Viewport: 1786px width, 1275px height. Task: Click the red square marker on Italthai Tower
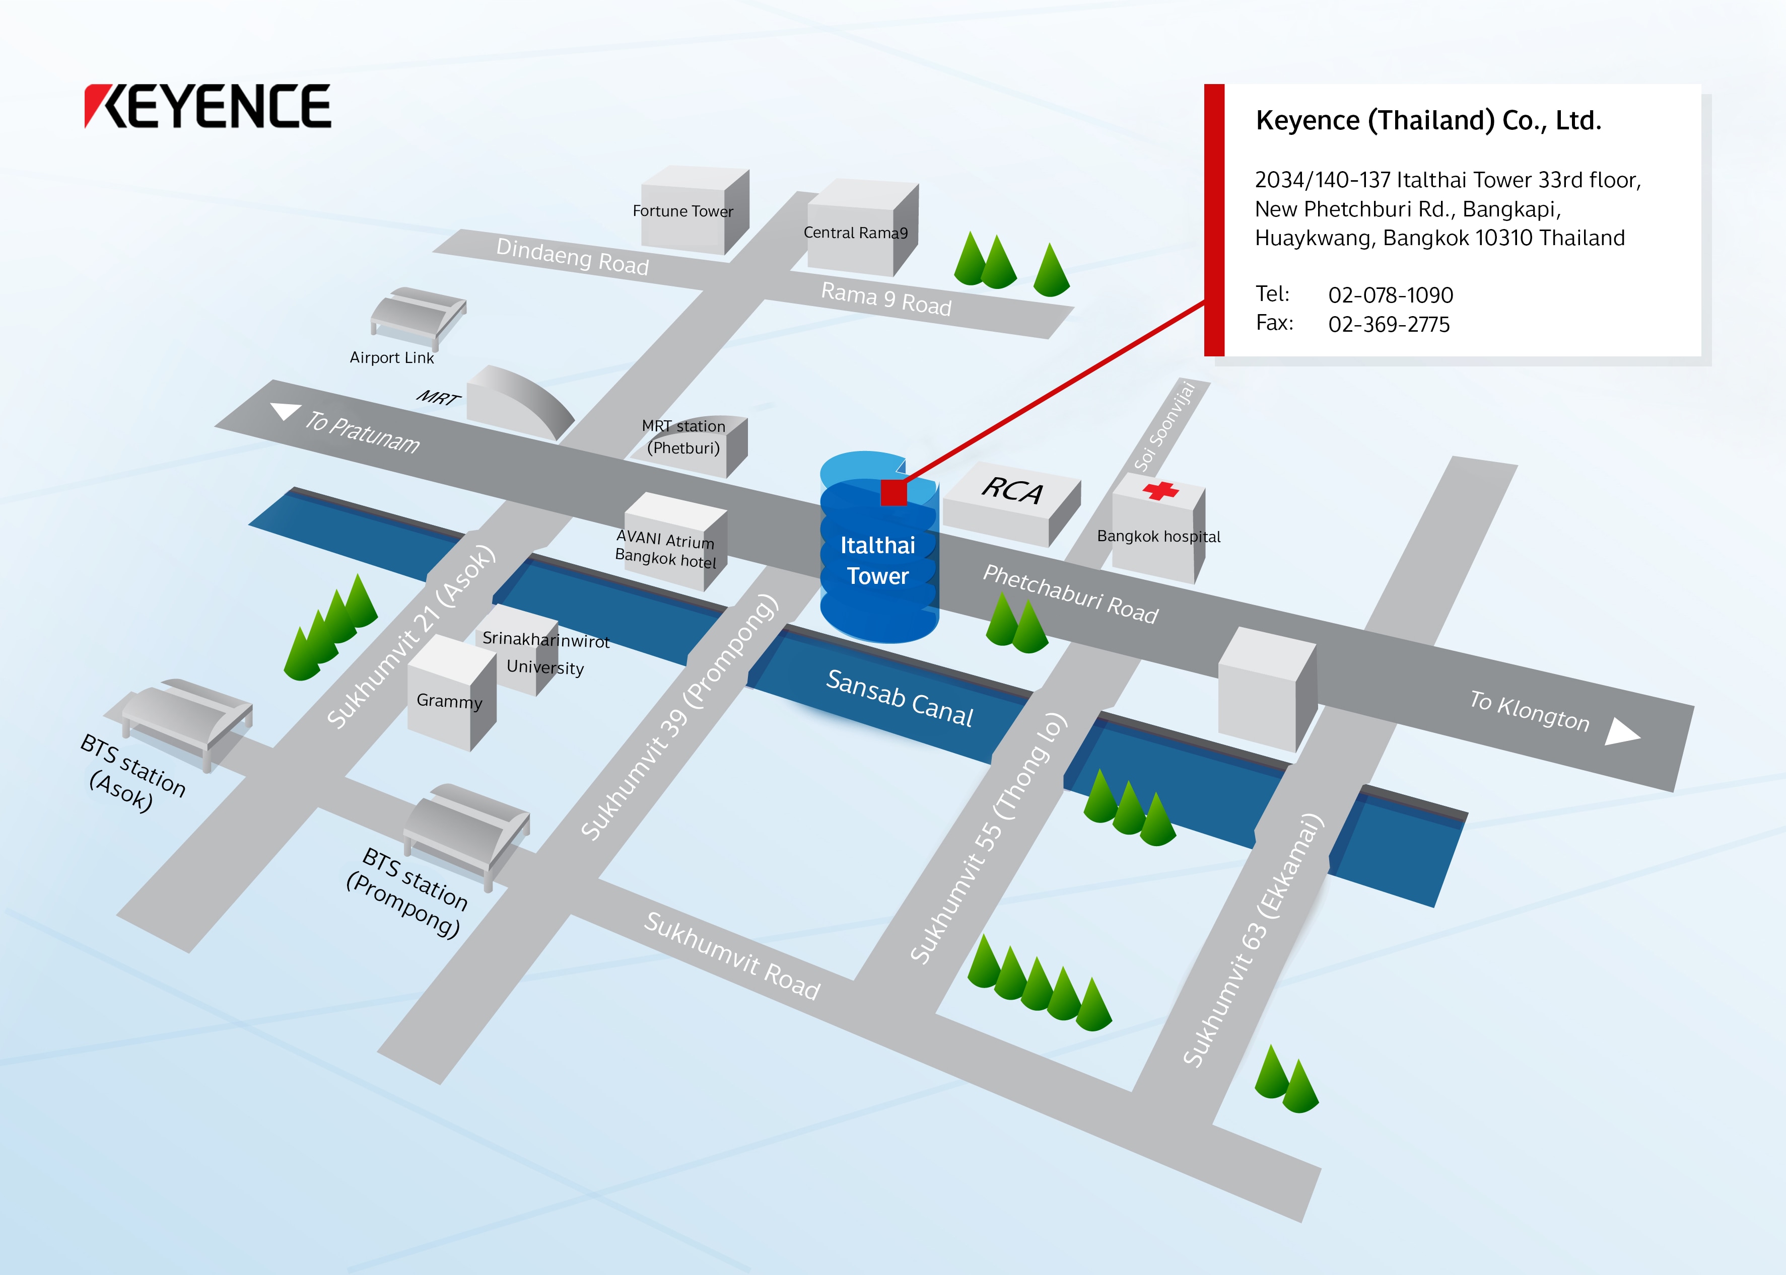click(894, 492)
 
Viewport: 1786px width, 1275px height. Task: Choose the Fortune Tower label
click(682, 211)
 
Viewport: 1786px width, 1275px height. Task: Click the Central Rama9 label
click(855, 233)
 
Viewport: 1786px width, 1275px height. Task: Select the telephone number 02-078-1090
click(1390, 295)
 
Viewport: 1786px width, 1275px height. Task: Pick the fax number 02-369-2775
click(1389, 324)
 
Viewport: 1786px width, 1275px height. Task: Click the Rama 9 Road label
click(886, 299)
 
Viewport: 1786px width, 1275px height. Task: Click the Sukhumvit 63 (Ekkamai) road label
click(1254, 941)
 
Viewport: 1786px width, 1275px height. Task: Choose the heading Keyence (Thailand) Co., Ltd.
click(1428, 121)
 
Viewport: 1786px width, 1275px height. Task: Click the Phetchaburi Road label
click(1070, 594)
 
